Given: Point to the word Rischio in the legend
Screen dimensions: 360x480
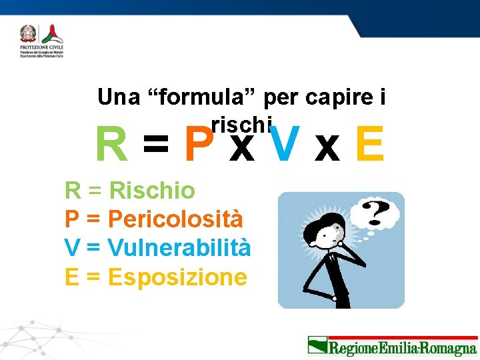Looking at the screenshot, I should (x=152, y=191).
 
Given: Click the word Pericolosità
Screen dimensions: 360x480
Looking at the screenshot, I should (x=175, y=219).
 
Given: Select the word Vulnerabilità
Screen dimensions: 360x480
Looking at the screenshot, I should (x=179, y=248).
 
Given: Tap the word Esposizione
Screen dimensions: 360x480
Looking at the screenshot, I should (x=177, y=277).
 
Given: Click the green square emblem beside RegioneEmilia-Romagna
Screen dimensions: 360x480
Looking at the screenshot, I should (x=317, y=346).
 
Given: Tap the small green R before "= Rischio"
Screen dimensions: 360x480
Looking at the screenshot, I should (x=73, y=191).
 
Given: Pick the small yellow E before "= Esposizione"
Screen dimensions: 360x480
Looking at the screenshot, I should (x=72, y=277).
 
